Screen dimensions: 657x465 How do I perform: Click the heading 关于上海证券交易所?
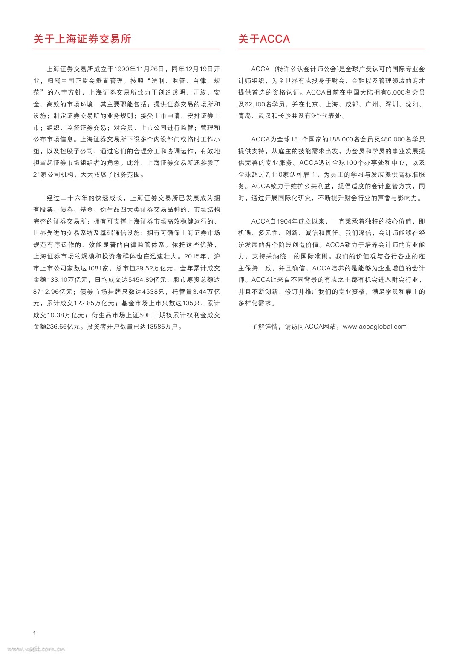pyautogui.click(x=82, y=39)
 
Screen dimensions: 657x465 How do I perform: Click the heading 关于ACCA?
pyautogui.click(x=264, y=39)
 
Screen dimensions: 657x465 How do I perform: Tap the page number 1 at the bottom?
pyautogui.click(x=35, y=633)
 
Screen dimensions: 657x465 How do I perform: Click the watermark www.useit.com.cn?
pyautogui.click(x=36, y=649)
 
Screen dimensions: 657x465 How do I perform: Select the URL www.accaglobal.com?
pyautogui.click(x=375, y=327)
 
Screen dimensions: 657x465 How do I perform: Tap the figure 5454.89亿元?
pyautogui.click(x=145, y=280)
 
